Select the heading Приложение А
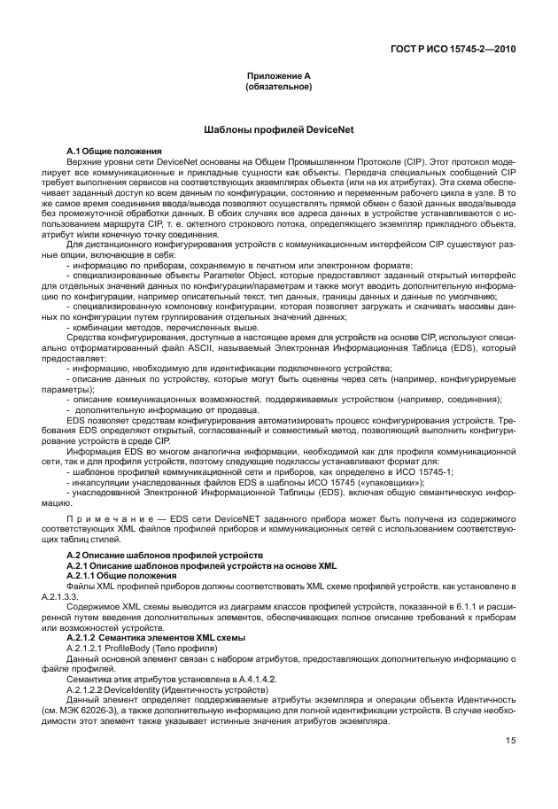pos(278,77)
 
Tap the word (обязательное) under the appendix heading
pos(278,87)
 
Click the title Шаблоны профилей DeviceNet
pos(278,129)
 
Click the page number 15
pos(511,741)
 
